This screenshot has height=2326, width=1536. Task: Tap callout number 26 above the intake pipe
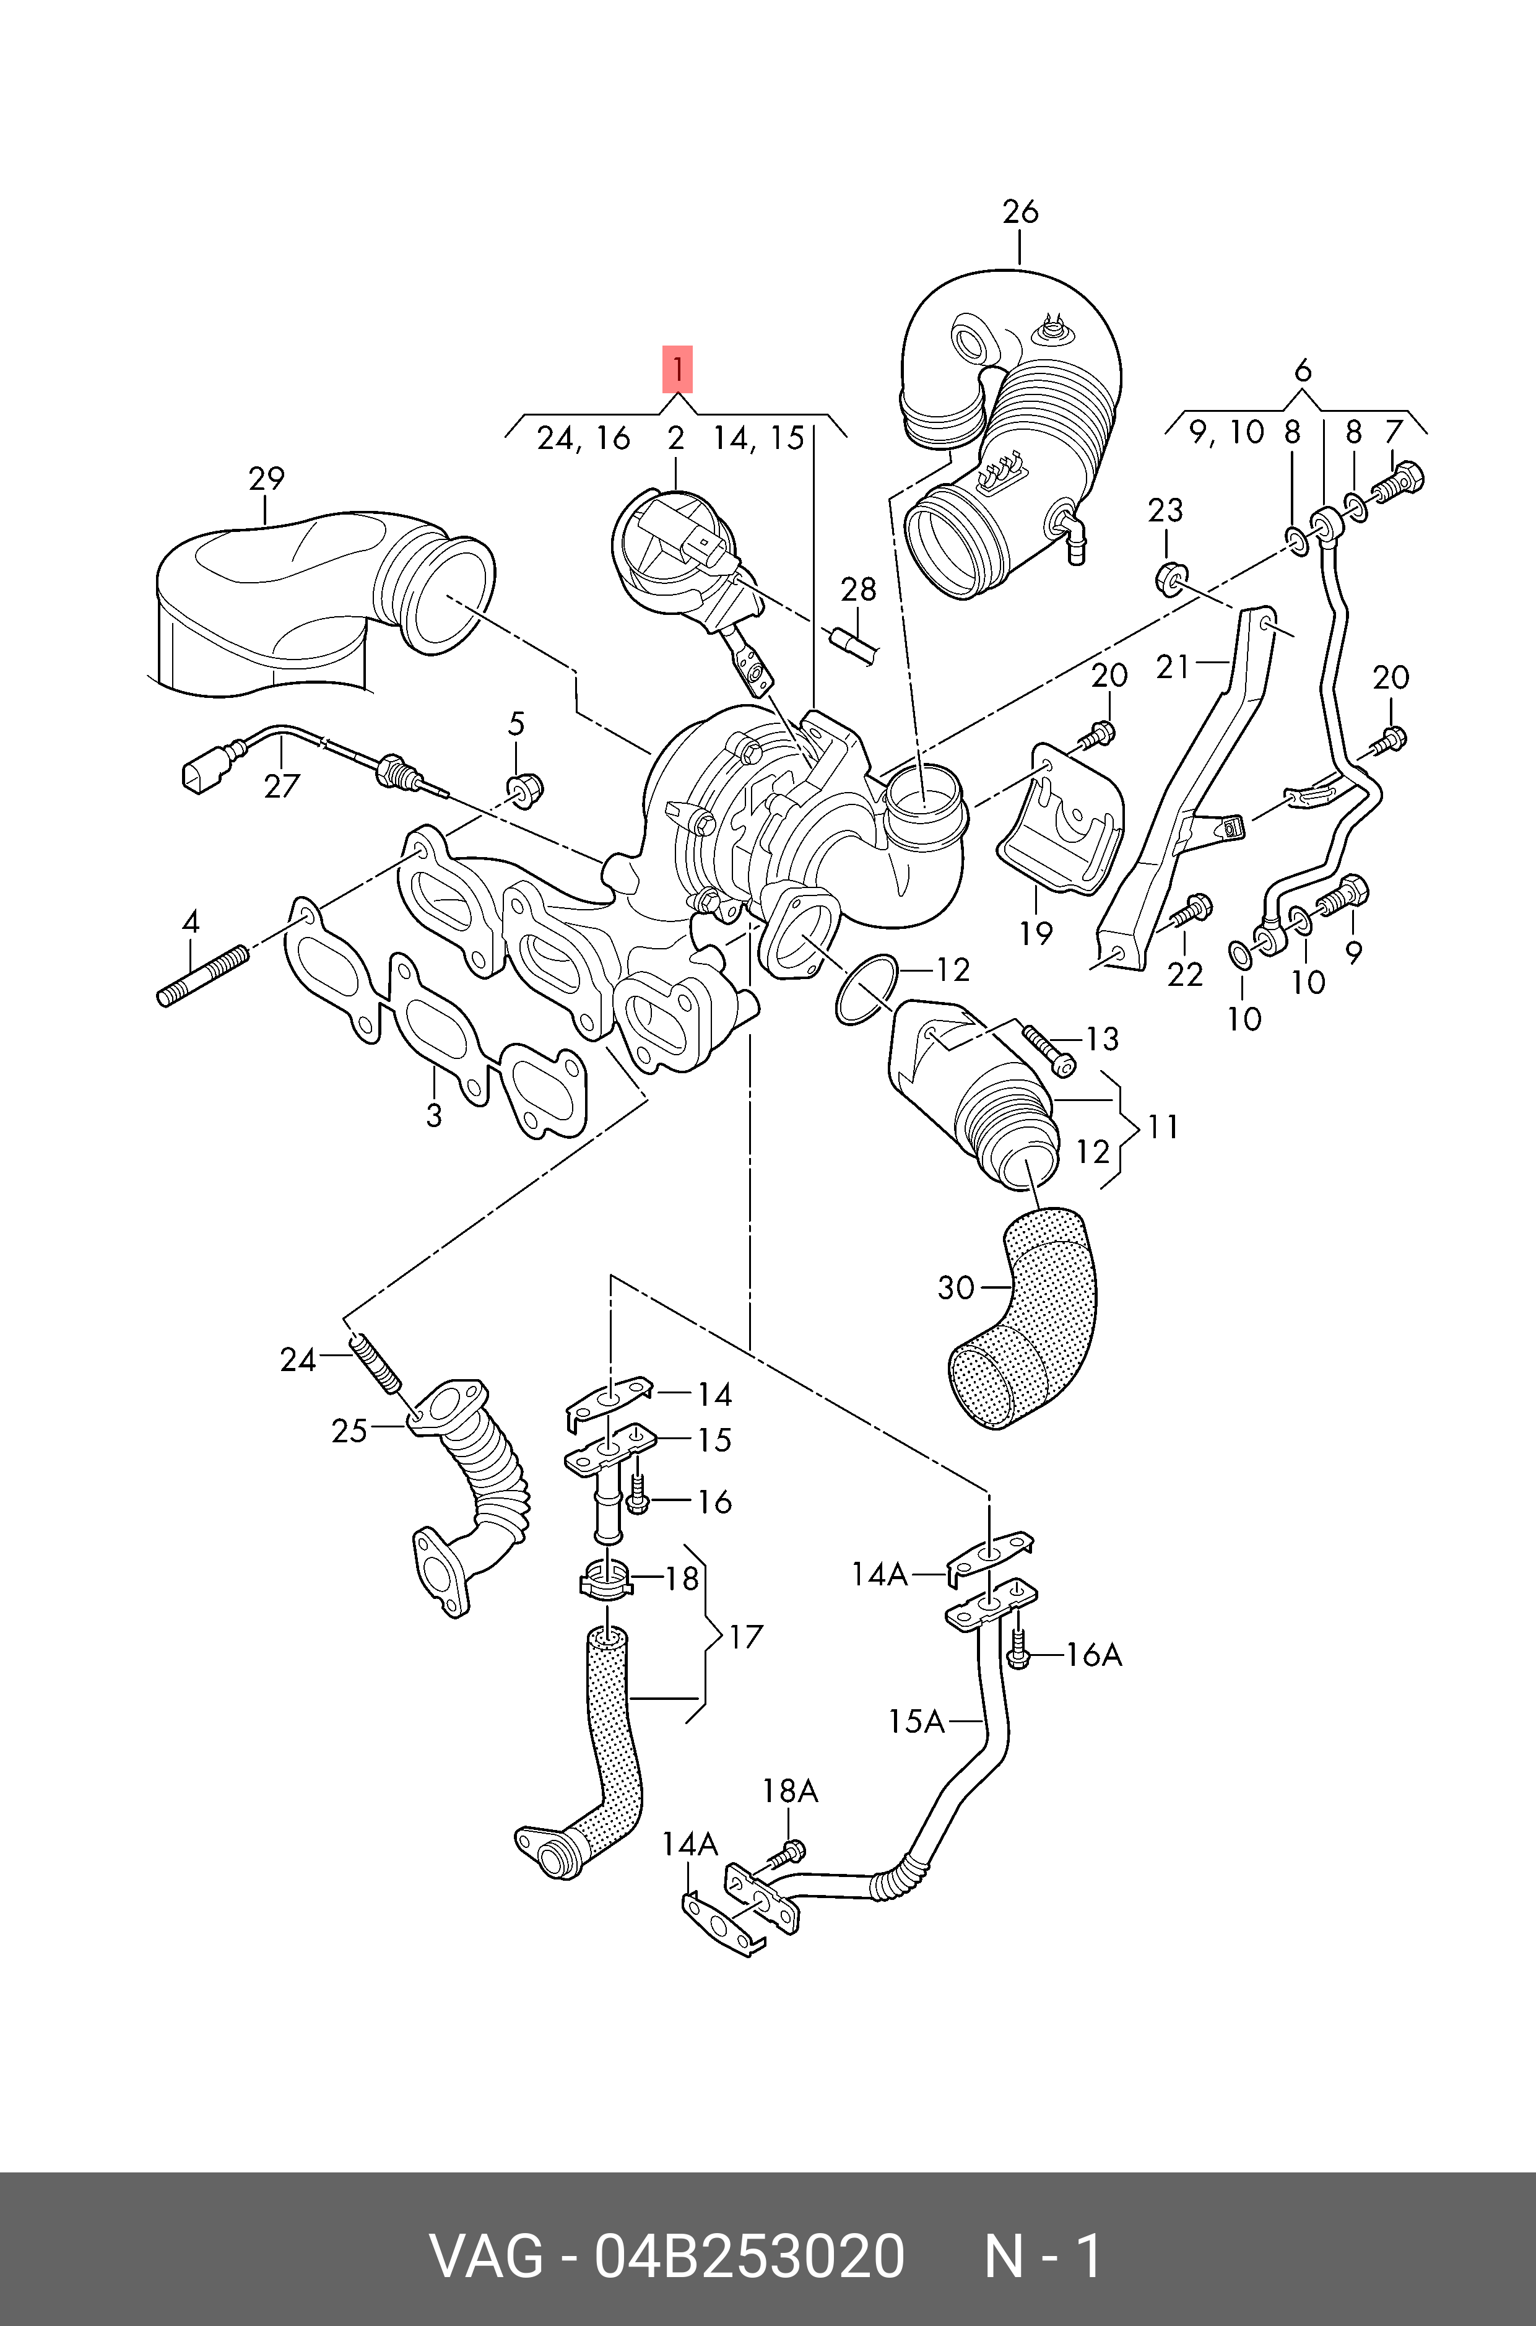click(x=1020, y=212)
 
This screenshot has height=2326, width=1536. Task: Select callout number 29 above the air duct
click(x=266, y=479)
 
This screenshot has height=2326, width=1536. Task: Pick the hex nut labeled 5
click(x=525, y=788)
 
